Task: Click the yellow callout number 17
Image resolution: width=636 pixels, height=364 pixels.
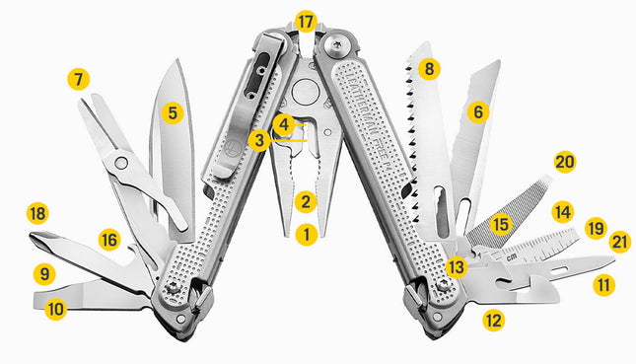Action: click(x=306, y=21)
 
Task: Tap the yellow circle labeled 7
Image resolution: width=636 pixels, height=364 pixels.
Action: click(x=79, y=79)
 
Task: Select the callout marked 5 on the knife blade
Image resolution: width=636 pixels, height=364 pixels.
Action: click(x=173, y=112)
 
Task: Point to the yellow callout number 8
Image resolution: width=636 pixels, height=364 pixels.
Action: click(x=427, y=69)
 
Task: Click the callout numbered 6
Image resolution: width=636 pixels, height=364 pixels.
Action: click(x=478, y=112)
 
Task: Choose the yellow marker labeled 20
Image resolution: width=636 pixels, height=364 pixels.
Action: click(x=564, y=162)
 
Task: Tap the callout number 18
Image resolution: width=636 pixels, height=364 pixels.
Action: click(x=37, y=213)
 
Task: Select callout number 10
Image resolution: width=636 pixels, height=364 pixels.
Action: click(x=55, y=309)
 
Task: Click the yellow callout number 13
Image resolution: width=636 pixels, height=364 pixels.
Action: click(x=455, y=265)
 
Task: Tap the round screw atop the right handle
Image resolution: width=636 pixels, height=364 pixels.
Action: click(x=339, y=43)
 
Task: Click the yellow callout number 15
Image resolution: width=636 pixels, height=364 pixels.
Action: click(x=500, y=225)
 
